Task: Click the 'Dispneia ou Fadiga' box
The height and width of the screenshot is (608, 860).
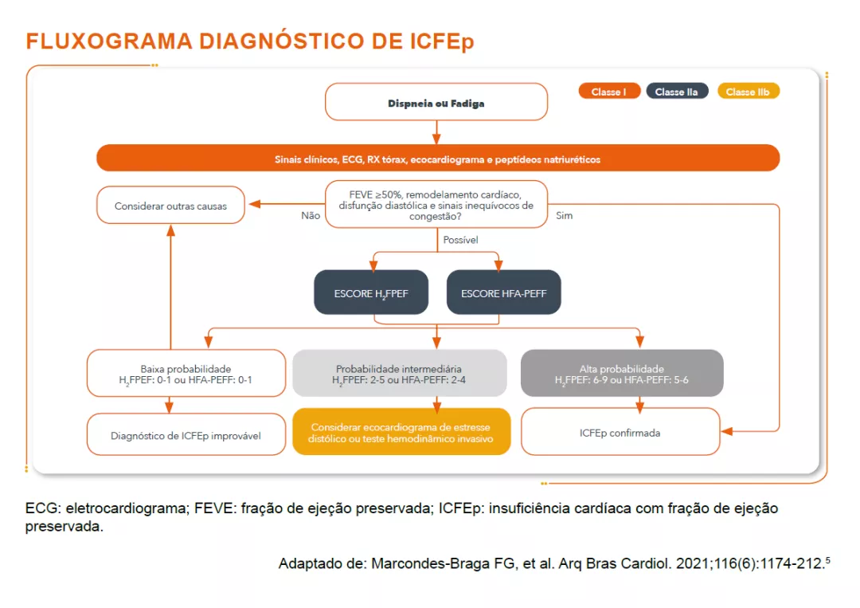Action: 436,102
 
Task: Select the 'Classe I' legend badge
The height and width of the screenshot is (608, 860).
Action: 609,91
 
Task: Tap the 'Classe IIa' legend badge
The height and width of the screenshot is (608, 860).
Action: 677,91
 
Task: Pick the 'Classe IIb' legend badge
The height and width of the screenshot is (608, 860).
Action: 748,91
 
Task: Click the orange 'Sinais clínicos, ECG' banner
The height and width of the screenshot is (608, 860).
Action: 438,159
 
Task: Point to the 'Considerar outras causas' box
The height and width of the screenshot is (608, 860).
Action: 170,206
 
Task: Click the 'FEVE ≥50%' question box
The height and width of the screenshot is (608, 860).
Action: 436,204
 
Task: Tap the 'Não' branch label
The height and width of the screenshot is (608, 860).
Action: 311,216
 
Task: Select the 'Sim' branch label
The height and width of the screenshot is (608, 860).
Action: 565,216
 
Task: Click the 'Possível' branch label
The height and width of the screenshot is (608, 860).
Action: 461,240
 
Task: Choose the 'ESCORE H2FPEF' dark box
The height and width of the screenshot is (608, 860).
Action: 371,292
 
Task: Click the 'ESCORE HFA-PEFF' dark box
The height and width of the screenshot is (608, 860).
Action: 503,292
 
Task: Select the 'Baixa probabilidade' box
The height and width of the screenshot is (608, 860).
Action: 186,373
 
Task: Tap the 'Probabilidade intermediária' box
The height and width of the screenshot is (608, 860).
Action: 399,373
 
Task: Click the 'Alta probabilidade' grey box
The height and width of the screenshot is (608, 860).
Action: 622,373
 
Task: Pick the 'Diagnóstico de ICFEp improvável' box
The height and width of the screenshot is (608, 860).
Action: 186,434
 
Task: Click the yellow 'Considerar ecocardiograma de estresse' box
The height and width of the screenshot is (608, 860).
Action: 401,432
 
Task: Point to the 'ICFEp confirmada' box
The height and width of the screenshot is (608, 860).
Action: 620,432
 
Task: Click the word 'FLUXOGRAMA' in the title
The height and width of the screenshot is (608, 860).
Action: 109,41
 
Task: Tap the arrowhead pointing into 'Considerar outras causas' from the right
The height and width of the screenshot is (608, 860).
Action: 255,204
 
